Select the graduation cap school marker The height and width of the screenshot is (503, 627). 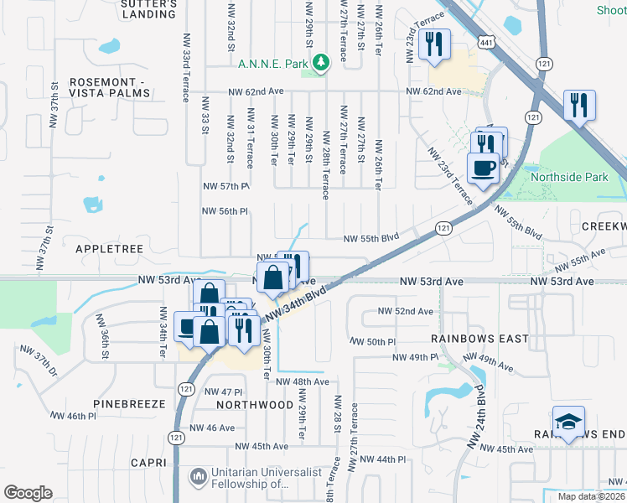coord(568,421)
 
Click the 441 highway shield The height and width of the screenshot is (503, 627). coord(486,40)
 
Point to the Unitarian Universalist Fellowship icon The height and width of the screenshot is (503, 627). coord(198,477)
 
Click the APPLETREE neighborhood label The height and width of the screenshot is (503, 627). coord(111,249)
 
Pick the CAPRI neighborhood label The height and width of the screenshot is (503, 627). coord(151,462)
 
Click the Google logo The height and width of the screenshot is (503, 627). coord(28,492)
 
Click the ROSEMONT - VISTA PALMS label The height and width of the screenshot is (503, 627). coord(110,87)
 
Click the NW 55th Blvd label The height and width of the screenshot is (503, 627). coord(376,239)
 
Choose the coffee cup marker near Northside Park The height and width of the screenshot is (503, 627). coord(484,168)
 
